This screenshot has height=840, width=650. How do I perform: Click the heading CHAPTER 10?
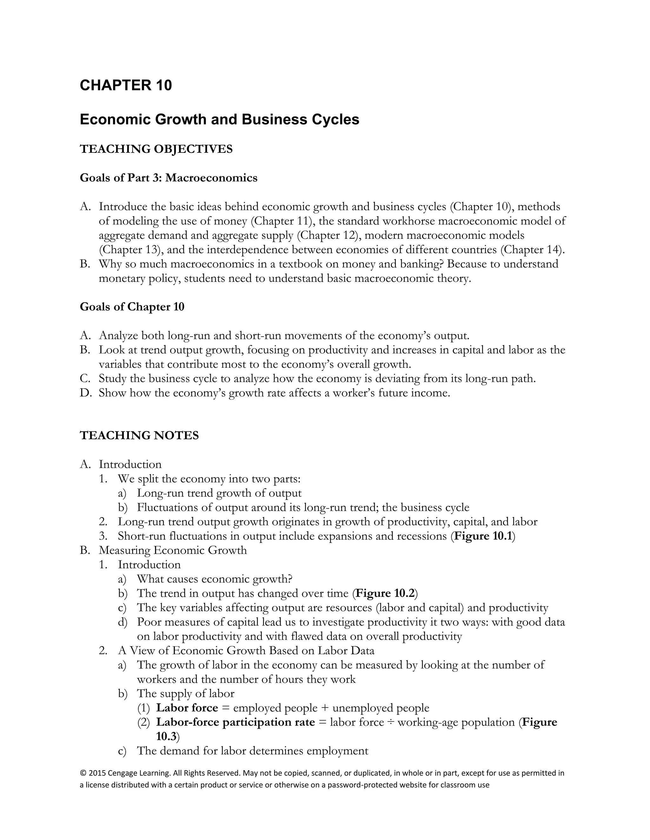click(126, 85)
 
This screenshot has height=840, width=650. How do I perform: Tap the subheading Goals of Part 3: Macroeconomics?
click(168, 178)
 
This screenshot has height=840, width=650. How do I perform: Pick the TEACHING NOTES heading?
click(139, 436)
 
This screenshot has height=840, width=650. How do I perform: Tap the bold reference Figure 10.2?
click(385, 593)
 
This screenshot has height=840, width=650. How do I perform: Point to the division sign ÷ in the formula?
click(391, 723)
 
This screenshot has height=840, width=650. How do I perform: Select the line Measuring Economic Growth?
click(173, 550)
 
